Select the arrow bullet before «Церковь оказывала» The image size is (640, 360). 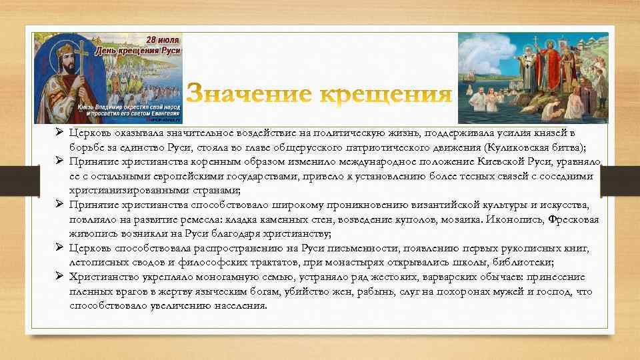tap(59, 133)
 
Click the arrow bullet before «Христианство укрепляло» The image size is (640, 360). tap(59, 277)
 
